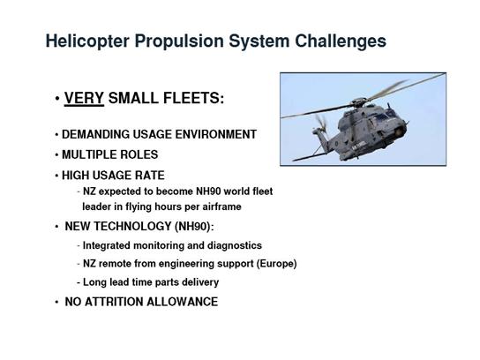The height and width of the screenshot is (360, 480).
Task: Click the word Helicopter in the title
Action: click(87, 41)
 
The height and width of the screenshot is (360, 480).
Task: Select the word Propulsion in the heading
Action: click(179, 41)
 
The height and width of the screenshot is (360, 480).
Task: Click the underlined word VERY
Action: click(84, 98)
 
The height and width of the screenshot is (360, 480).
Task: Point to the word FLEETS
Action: click(193, 98)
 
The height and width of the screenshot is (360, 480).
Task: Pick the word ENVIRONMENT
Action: click(216, 134)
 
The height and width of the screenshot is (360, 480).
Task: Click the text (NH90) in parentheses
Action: click(194, 227)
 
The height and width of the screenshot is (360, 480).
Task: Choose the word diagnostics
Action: click(235, 245)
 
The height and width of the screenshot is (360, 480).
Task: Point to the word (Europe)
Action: click(276, 264)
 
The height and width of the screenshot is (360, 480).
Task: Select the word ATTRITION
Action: click(114, 302)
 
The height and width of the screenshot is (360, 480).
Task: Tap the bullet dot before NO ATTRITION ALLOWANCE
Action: click(56, 302)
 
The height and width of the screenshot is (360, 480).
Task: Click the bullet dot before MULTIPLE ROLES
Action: click(56, 155)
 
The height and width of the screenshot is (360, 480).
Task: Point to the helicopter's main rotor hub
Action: click(359, 101)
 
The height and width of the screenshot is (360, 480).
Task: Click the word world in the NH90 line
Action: click(237, 191)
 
